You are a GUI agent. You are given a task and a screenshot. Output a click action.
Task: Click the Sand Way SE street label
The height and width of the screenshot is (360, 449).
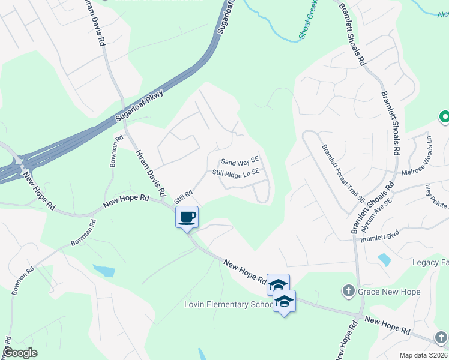tap(240, 161)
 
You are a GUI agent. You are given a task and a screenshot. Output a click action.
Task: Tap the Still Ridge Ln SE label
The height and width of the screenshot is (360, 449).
tap(236, 172)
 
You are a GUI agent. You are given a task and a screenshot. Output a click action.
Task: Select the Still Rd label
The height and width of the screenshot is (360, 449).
tap(183, 196)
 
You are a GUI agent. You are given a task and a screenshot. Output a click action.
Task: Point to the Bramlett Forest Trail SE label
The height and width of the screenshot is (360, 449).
tap(343, 173)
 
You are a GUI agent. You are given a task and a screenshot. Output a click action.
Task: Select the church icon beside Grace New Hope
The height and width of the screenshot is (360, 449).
tap(348, 292)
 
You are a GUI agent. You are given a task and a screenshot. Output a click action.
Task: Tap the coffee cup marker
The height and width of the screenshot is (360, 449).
tap(187, 216)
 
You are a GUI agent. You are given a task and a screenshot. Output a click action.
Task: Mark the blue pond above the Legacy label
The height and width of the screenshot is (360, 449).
tap(383, 260)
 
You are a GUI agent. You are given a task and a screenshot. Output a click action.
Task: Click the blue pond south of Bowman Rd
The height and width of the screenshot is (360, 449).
tap(104, 271)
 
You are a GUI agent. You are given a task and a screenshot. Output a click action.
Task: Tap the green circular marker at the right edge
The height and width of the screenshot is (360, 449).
tap(445, 118)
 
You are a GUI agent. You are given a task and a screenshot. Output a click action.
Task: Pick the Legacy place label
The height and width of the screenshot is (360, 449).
tap(430, 262)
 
